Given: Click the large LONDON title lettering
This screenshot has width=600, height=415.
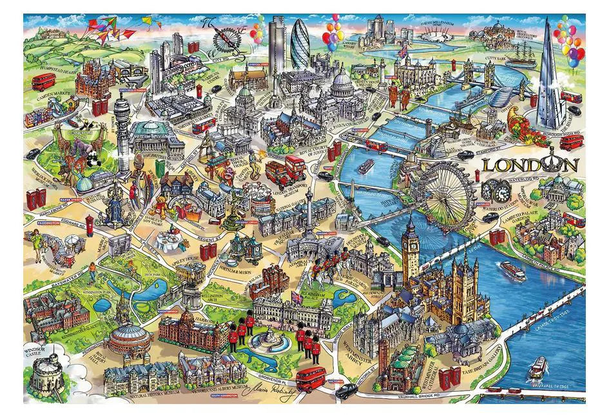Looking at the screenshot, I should pyautogui.click(x=530, y=165).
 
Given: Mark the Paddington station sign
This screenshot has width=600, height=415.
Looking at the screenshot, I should pyautogui.click(x=48, y=225).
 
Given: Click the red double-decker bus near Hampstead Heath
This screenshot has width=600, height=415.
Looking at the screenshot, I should pyautogui.click(x=44, y=81).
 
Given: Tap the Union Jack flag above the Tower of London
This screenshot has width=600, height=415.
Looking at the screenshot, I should pyautogui.click(x=403, y=50).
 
